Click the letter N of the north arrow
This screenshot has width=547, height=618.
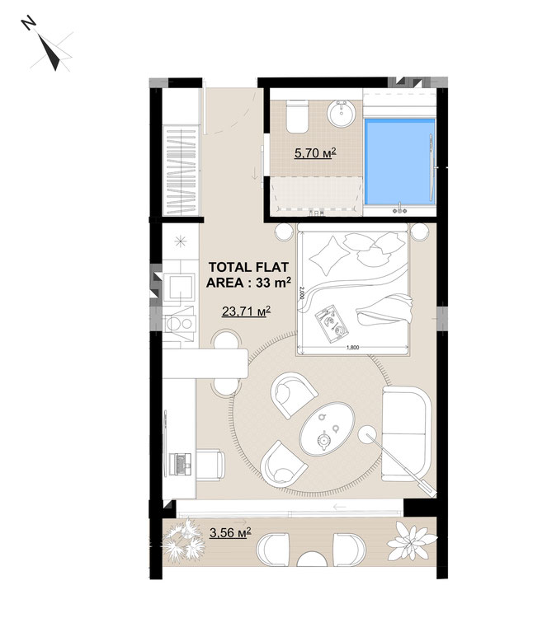28,23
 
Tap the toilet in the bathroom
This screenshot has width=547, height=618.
297,116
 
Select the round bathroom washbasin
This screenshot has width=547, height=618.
342,114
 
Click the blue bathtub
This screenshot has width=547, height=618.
399,162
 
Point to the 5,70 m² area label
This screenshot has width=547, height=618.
315,152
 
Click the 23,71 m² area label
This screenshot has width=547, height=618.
246,311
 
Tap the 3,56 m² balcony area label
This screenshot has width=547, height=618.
230,533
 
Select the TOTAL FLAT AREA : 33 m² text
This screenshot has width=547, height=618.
248,274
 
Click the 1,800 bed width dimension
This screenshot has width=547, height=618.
352,347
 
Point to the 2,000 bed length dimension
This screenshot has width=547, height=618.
301,293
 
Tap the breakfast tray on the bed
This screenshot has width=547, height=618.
332,321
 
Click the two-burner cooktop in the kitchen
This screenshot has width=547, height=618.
180,324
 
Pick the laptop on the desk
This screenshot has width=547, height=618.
181,463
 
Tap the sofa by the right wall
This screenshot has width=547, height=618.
407,433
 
